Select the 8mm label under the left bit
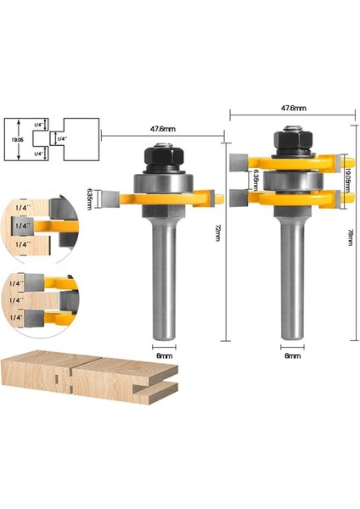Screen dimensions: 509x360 tap(163, 357)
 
